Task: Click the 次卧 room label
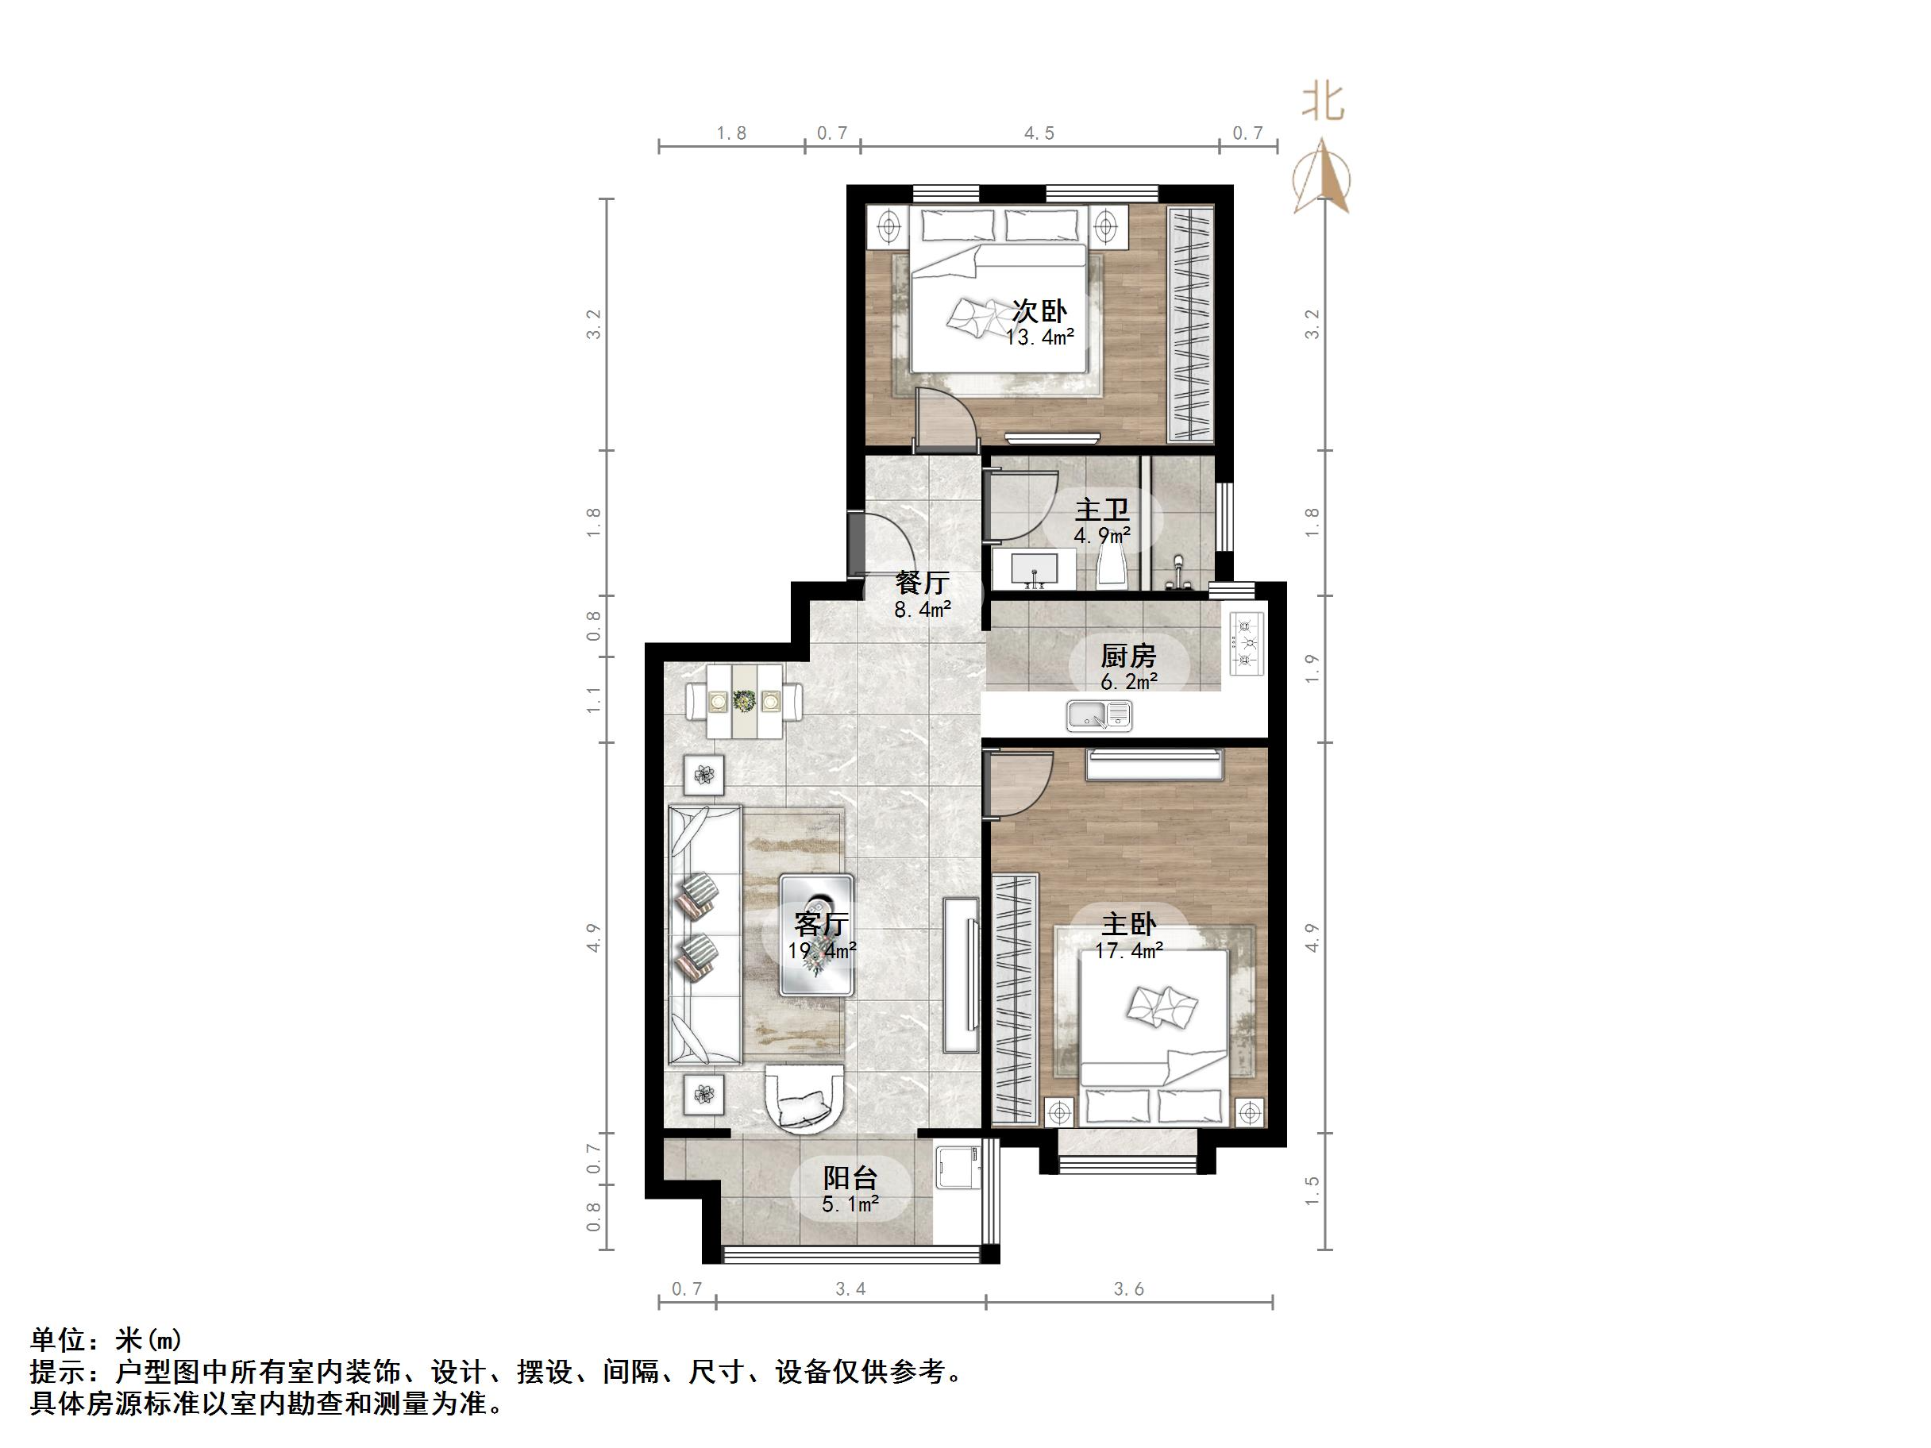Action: [x=1039, y=310]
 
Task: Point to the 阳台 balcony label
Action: [x=850, y=1178]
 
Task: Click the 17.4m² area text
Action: [x=1129, y=950]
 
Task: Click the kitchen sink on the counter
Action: [x=1099, y=716]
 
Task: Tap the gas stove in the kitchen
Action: [x=1247, y=644]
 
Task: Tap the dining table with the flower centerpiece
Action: [x=745, y=701]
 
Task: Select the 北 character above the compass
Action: [x=1323, y=102]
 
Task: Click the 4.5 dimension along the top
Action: [x=1039, y=133]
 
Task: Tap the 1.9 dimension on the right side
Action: [x=1311, y=668]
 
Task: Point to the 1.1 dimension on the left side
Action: [x=595, y=700]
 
